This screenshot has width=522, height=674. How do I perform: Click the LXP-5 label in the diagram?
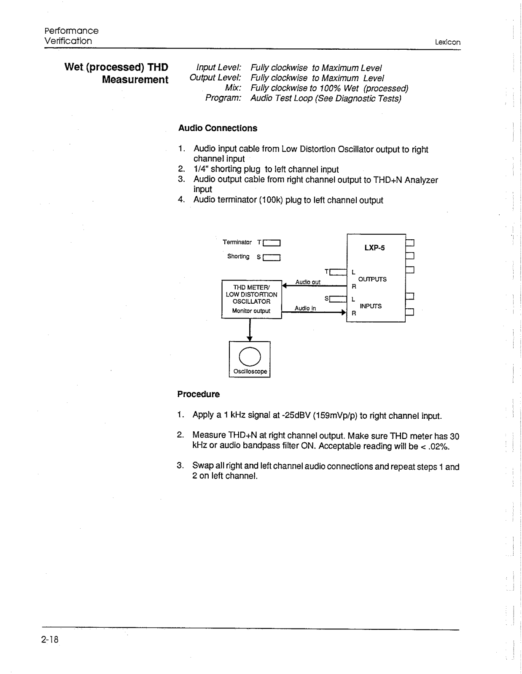point(374,248)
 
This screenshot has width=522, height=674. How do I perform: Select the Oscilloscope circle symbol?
point(250,356)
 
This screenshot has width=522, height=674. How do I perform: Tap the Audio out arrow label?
point(308,282)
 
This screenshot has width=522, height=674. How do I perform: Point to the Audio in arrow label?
point(305,308)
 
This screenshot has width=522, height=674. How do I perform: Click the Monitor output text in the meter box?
point(251,311)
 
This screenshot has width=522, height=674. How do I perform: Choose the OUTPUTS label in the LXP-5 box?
point(372,279)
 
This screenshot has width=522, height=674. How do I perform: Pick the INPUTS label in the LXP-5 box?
point(371,306)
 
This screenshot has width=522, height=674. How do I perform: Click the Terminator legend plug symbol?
point(272,243)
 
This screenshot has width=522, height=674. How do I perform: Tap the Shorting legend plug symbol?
point(272,257)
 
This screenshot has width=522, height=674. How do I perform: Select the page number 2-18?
point(50,640)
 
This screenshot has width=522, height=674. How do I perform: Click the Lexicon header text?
point(448,42)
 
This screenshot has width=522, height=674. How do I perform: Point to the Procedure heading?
point(199,394)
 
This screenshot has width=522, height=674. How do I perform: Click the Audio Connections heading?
point(218,128)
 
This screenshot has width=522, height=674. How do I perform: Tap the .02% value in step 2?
point(439,447)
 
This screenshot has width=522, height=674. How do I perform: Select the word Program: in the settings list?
point(223,98)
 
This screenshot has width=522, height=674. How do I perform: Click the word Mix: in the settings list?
point(233,88)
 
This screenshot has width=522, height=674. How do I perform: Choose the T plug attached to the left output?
point(338,272)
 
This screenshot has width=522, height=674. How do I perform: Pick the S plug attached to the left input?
point(338,299)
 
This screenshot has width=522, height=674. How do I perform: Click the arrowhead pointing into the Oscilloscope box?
point(250,338)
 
